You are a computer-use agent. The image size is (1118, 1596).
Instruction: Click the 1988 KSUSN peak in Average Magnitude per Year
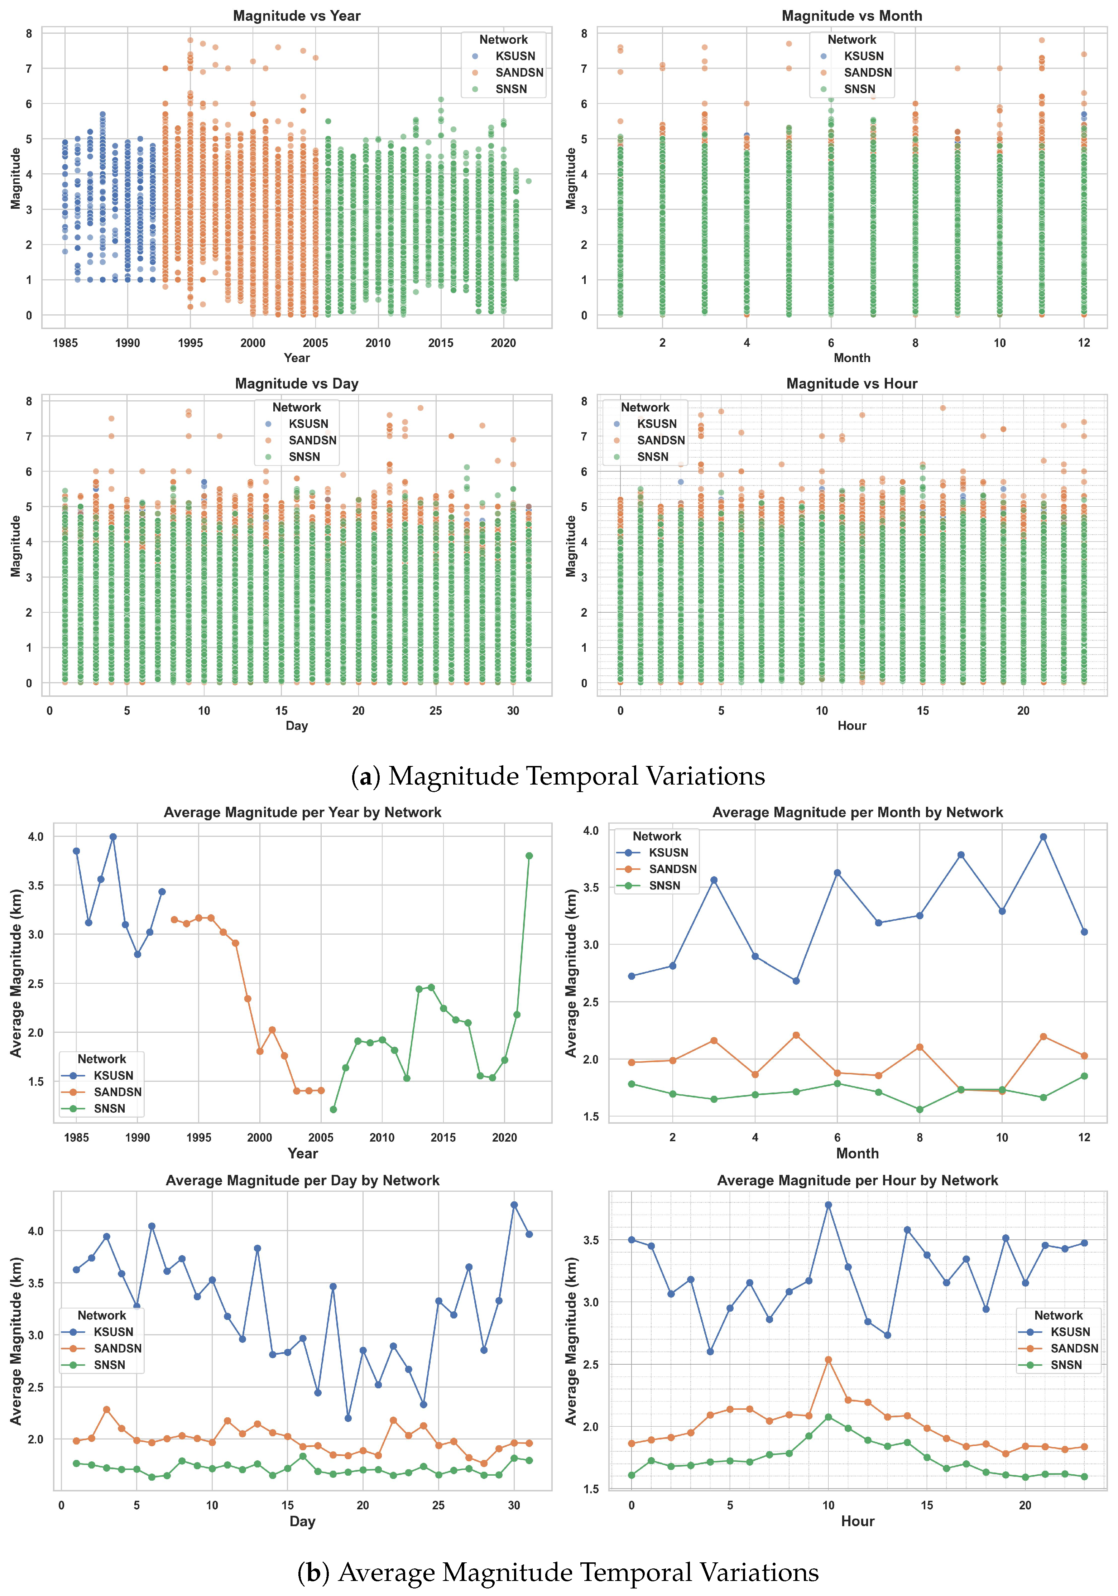(x=113, y=837)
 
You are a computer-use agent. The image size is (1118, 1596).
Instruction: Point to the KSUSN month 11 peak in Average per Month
(x=1043, y=837)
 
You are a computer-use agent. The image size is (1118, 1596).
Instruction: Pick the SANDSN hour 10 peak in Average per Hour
(x=828, y=1360)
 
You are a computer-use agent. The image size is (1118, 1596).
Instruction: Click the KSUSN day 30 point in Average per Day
(x=514, y=1205)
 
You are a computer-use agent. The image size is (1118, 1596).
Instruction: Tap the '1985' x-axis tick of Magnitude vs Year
(x=65, y=343)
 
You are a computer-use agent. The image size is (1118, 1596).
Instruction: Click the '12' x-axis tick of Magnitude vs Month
(x=1084, y=343)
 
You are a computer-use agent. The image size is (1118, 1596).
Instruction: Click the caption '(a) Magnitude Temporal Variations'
(x=558, y=776)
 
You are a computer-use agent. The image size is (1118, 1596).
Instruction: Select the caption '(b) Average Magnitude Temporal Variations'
(x=558, y=1572)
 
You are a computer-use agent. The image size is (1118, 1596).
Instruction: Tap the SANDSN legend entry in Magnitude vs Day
(x=312, y=440)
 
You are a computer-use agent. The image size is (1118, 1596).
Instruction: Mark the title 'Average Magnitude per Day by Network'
(x=302, y=1180)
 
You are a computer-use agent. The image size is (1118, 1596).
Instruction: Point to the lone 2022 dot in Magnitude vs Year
(x=528, y=182)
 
